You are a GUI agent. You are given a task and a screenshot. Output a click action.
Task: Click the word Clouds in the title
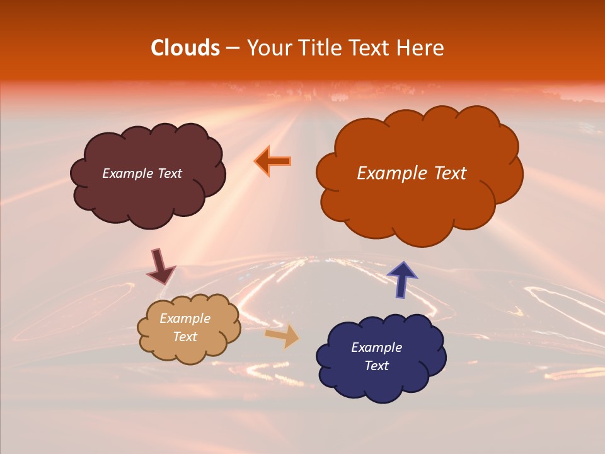tap(185, 48)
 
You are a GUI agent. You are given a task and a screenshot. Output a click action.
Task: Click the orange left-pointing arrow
tap(273, 161)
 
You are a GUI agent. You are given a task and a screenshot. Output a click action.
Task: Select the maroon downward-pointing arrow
tap(160, 266)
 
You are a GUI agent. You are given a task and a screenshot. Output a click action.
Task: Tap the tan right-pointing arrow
tap(282, 336)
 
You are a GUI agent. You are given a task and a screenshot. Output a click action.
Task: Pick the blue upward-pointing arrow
tap(402, 279)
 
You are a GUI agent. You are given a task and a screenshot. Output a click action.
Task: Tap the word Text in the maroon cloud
tap(170, 173)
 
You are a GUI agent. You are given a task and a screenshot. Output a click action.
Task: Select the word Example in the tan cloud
tap(185, 319)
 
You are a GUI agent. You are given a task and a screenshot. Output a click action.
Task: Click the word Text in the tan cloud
tap(185, 337)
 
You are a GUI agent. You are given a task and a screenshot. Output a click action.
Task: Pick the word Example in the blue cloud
tap(376, 347)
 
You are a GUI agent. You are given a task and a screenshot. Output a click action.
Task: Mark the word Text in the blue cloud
tap(376, 366)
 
